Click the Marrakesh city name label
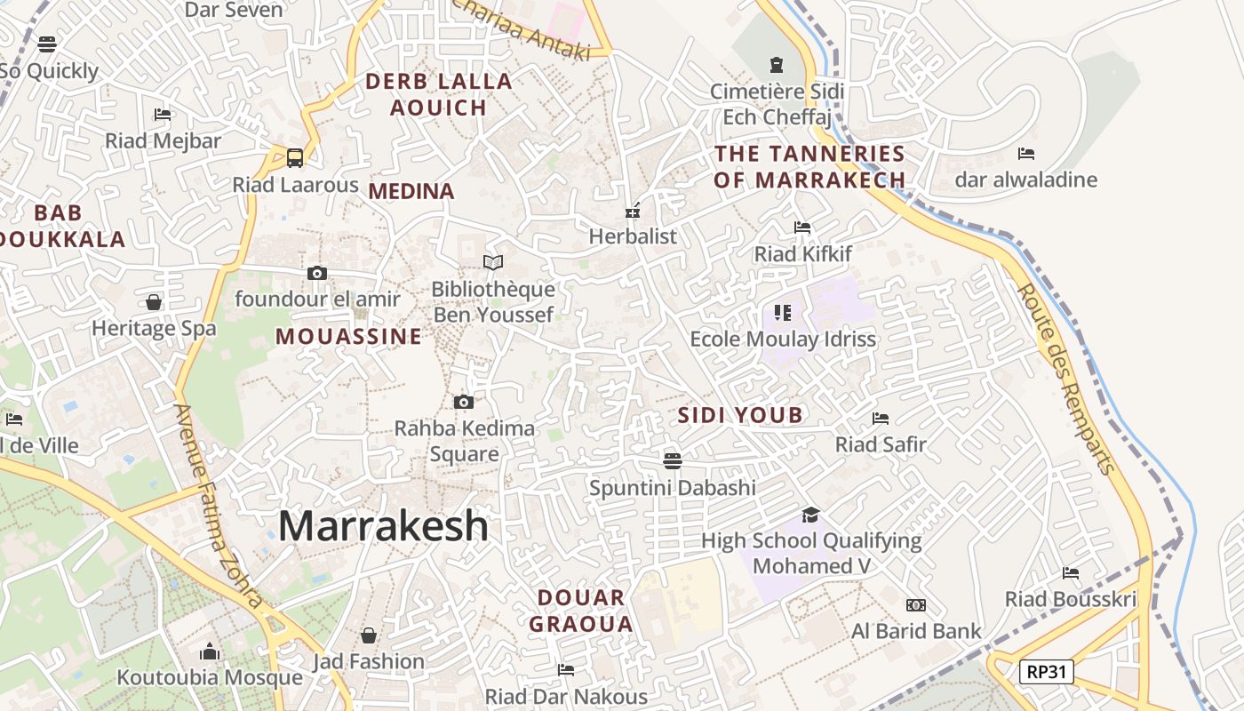coord(383,526)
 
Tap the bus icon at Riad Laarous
coord(295,158)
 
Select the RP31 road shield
coord(1046,672)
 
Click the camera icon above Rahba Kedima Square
coord(463,403)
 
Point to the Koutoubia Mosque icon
coord(210,651)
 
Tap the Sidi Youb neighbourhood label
coord(740,415)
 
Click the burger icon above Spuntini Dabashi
coord(673,460)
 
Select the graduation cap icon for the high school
coord(810,515)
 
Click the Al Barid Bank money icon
coord(916,605)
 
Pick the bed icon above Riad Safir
coord(881,418)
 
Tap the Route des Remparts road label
coord(1065,379)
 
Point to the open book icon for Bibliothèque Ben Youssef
coord(493,262)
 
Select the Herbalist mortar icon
coord(633,211)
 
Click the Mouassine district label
coord(348,337)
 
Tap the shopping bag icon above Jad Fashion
coord(369,635)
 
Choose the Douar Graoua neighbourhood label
coord(581,611)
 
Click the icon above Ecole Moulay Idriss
coord(782,312)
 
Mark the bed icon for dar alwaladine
coord(1026,154)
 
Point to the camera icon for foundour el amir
coord(317,273)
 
